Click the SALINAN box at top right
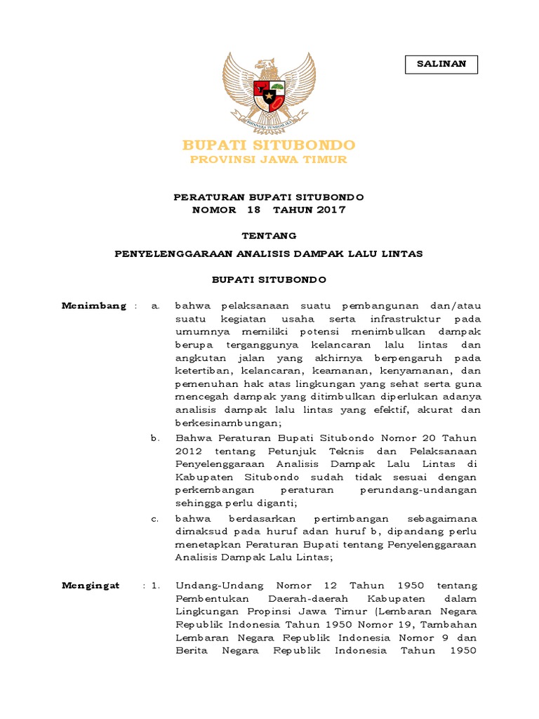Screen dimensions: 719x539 click(441, 64)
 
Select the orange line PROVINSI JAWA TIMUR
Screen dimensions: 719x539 click(269, 159)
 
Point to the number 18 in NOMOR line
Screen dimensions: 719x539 click(253, 209)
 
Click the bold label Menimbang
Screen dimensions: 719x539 click(93, 305)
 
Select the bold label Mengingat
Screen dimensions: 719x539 click(91, 585)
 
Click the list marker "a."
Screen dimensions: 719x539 click(156, 305)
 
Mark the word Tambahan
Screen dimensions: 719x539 click(449, 624)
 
